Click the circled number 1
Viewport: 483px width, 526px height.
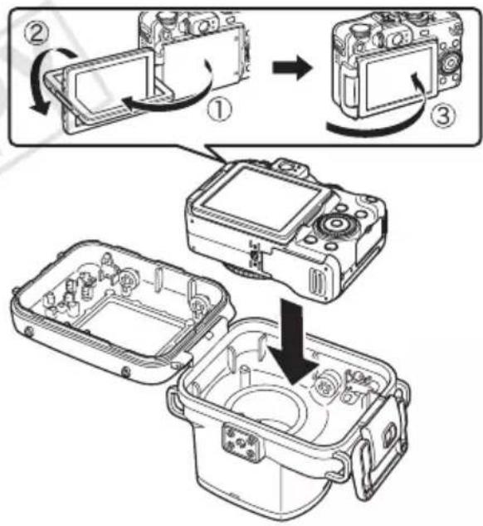[x=219, y=110]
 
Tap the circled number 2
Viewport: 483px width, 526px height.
[x=37, y=34]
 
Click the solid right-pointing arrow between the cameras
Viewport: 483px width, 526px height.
[x=292, y=69]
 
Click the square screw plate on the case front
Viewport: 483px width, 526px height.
[x=242, y=443]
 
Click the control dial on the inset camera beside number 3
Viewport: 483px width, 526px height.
[x=451, y=63]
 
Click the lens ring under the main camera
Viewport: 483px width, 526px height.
[x=248, y=272]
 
